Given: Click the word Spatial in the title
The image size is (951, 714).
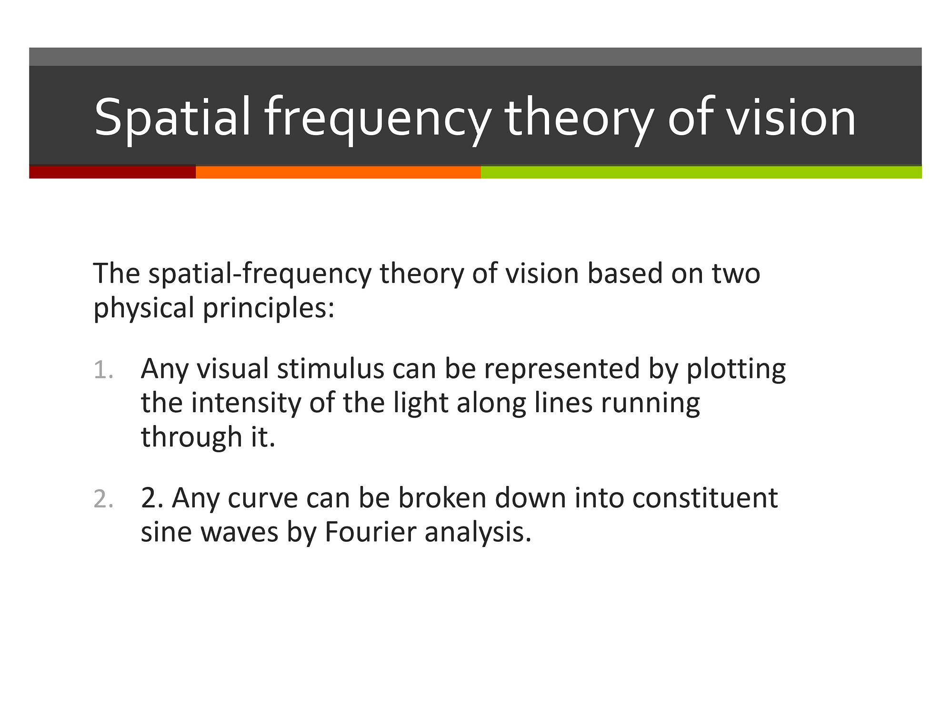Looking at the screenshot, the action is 172,118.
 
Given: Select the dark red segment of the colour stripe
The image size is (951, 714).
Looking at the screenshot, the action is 112,172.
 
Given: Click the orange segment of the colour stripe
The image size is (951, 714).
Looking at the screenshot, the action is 338,172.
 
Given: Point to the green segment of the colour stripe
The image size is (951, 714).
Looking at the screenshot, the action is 701,172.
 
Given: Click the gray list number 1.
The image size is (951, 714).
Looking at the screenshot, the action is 103,370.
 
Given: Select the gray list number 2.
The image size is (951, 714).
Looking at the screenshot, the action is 103,499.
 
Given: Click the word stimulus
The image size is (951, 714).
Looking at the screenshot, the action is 330,369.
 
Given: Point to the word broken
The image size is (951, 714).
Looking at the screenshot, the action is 442,498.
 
